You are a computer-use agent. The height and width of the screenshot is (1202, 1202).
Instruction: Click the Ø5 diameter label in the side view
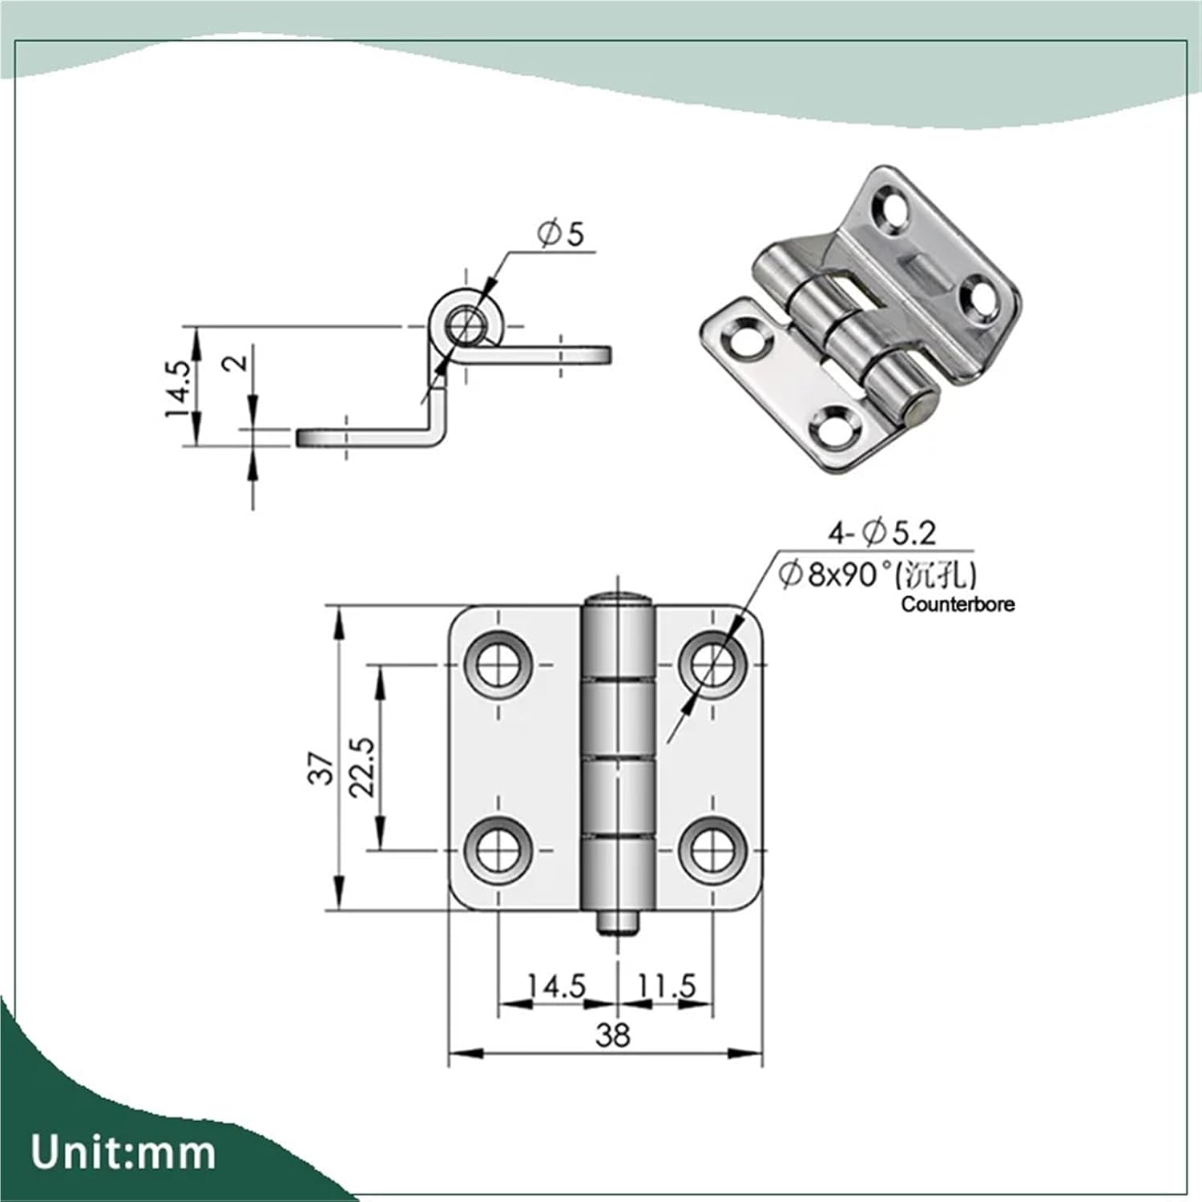tap(563, 234)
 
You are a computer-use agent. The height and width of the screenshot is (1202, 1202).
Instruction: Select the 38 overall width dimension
tap(613, 1035)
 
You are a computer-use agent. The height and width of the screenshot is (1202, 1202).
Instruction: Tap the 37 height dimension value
tap(321, 768)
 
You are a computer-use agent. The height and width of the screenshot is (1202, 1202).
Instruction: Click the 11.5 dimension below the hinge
tap(666, 986)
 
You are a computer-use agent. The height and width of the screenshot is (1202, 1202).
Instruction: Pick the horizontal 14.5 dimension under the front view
tap(556, 986)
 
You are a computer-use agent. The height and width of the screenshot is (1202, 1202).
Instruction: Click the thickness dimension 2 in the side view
tap(237, 362)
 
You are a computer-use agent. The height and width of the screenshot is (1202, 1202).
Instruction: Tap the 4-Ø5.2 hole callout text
tap(881, 532)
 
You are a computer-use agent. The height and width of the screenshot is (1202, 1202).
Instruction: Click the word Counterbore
tap(958, 604)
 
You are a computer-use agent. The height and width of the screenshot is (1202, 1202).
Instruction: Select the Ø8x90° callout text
tap(877, 574)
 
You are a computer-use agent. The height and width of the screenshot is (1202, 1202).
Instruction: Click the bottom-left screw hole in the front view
tap(498, 849)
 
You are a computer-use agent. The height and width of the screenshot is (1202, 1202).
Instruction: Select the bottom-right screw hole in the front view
tap(712, 849)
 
